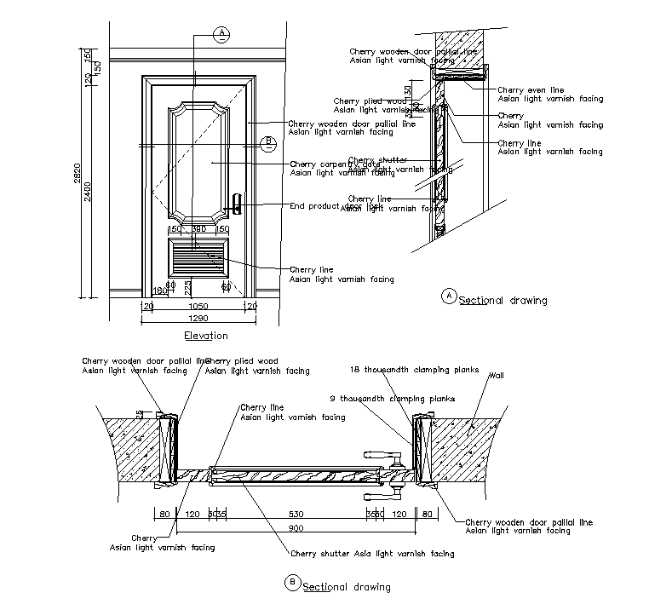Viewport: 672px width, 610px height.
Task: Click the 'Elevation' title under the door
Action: click(x=206, y=336)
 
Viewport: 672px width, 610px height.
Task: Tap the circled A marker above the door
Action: click(x=221, y=33)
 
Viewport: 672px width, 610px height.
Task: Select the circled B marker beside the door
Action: click(x=267, y=141)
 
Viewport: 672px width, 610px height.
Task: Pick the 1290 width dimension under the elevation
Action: click(x=198, y=316)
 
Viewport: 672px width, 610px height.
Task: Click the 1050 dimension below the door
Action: click(x=198, y=304)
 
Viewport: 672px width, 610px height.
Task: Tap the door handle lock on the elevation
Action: click(x=237, y=205)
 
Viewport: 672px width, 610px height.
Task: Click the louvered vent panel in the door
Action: click(x=198, y=256)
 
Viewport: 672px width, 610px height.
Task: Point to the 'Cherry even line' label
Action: click(x=531, y=89)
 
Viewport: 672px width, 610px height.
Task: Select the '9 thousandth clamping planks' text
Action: click(x=393, y=398)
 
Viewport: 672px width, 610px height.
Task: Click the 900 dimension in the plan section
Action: click(x=294, y=527)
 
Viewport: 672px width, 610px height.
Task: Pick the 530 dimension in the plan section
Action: click(x=296, y=515)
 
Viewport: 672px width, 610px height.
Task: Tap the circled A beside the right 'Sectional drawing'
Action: click(x=449, y=296)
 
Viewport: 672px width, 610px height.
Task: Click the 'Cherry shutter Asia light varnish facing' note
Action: click(x=373, y=554)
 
